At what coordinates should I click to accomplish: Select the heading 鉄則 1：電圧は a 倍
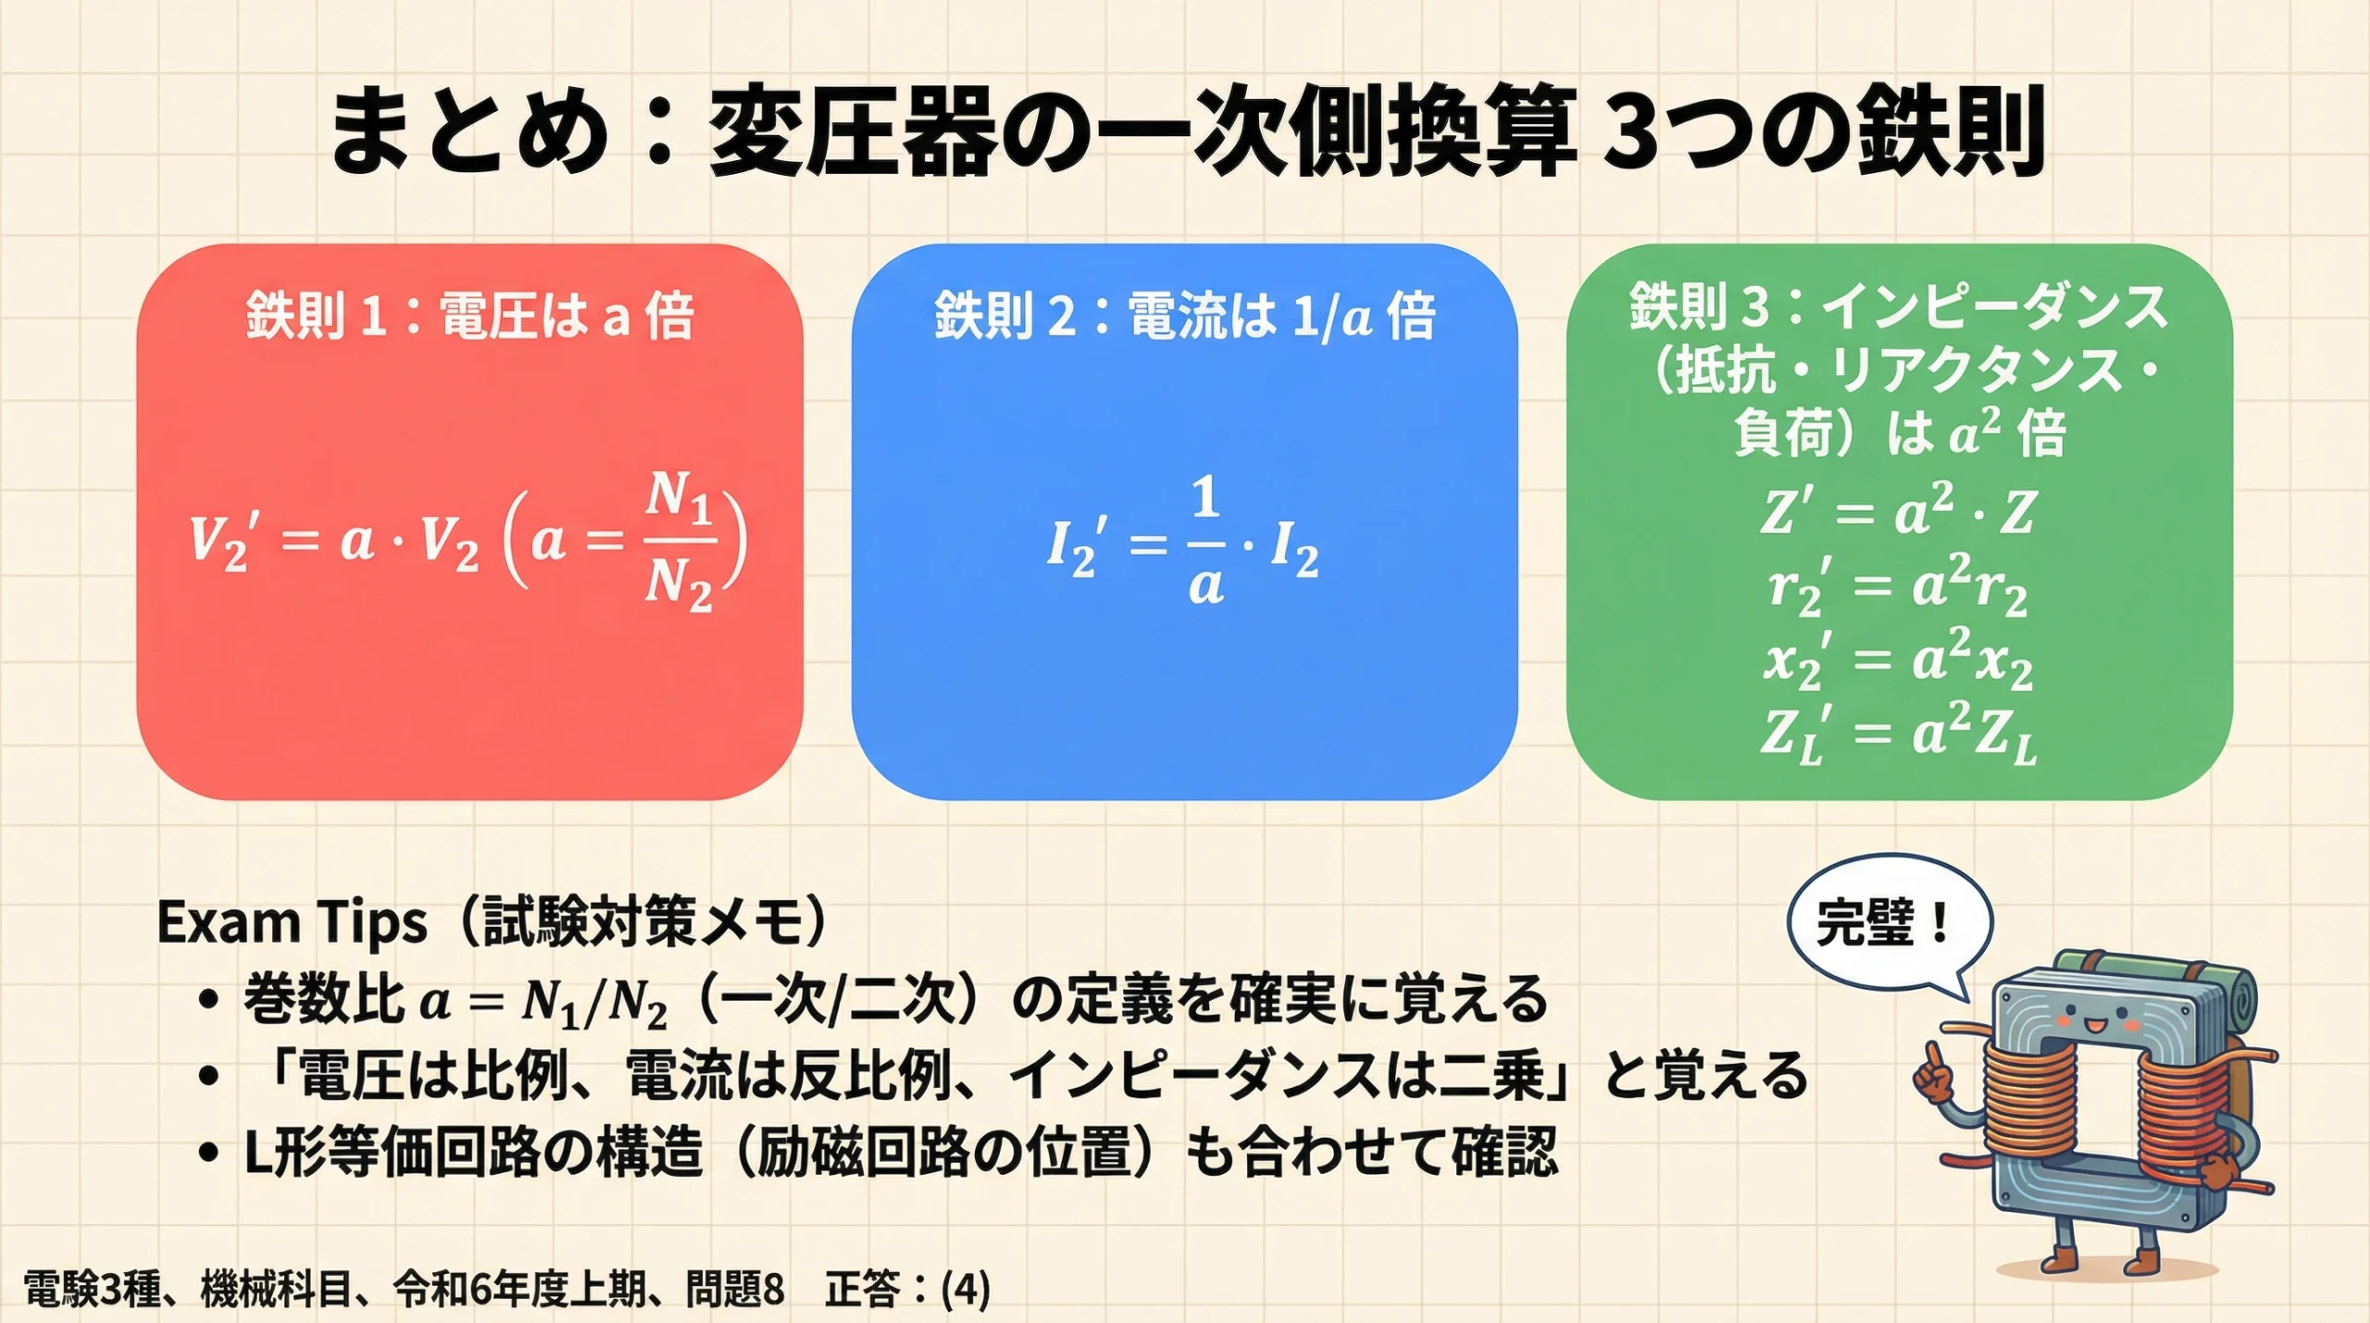point(469,315)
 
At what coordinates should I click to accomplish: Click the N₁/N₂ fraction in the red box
point(679,541)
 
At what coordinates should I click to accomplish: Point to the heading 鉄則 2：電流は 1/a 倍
point(1184,315)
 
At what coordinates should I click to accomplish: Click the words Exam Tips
point(292,923)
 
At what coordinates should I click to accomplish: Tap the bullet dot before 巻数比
point(208,1000)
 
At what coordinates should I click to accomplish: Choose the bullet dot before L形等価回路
point(208,1154)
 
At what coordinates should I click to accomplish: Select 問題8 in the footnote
point(735,1289)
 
